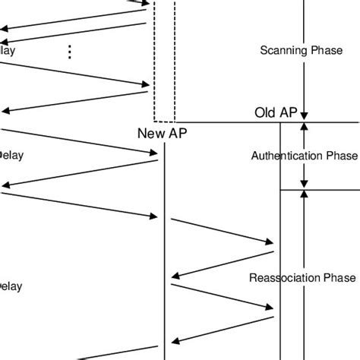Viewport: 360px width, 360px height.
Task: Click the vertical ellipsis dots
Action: click(70, 52)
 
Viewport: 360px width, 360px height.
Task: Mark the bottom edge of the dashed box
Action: click(165, 121)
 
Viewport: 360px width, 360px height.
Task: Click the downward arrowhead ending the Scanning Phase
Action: click(305, 115)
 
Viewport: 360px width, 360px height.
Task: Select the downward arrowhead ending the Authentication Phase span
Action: click(305, 182)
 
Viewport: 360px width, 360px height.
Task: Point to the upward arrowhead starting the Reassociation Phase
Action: click(305, 195)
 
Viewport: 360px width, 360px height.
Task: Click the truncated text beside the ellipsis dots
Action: click(7, 51)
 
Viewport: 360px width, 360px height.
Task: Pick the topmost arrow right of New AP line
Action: click(222, 232)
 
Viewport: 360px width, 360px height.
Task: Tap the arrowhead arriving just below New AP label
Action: click(153, 153)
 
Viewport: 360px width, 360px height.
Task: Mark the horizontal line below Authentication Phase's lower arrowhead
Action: click(319, 189)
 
